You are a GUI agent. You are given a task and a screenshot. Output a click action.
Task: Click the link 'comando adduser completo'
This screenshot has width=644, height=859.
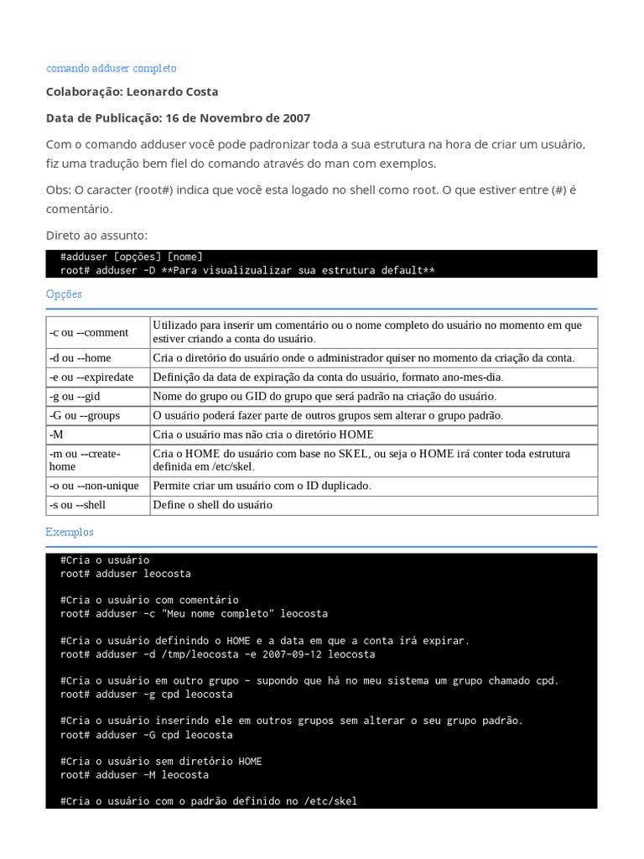[111, 68]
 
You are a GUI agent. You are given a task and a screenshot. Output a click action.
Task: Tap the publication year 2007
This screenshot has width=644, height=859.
[296, 118]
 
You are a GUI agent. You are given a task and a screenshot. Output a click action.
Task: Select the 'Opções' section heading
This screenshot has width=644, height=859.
[64, 294]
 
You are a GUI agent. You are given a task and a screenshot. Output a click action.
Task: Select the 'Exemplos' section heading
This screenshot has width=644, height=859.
[70, 532]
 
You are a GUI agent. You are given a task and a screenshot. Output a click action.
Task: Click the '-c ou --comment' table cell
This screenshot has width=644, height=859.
[89, 332]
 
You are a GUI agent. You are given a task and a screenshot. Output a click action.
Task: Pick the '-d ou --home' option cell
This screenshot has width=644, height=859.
[80, 357]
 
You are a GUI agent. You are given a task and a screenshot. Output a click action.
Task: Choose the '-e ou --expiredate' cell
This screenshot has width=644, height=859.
[91, 377]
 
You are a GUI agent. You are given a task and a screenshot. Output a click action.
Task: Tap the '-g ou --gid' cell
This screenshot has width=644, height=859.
[75, 396]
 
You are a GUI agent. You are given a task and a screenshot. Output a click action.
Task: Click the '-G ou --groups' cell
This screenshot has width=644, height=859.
[85, 415]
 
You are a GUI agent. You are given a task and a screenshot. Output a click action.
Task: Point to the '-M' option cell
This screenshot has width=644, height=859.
[56, 435]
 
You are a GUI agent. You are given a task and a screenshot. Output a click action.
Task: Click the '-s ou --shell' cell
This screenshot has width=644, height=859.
[78, 505]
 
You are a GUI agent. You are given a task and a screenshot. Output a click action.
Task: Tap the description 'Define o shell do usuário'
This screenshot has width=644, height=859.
[212, 505]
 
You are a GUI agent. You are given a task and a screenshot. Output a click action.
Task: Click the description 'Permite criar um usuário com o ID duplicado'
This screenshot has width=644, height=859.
[262, 486]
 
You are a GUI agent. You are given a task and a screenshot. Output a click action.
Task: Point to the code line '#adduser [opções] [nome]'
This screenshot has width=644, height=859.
[132, 257]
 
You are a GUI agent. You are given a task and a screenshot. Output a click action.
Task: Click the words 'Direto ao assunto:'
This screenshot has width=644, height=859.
[96, 236]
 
